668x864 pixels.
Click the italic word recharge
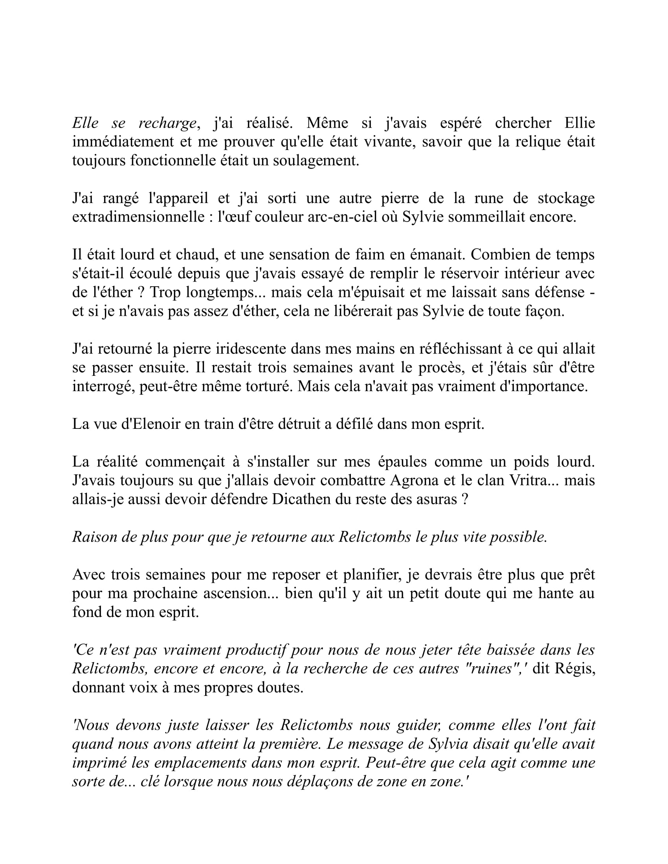click(x=167, y=124)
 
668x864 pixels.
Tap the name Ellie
click(x=579, y=123)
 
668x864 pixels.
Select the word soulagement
click(x=316, y=161)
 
